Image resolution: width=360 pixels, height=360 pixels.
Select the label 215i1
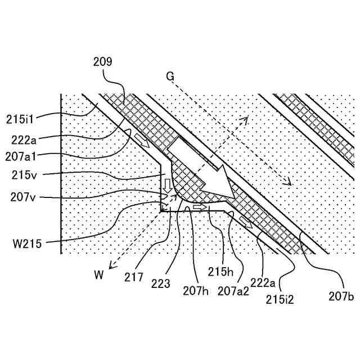pos(21,119)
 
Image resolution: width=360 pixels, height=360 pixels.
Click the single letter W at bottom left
pos(99,275)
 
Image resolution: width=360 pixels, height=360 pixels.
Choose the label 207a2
pos(232,291)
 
